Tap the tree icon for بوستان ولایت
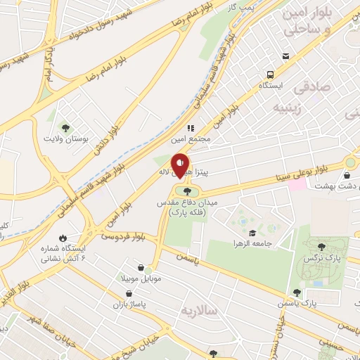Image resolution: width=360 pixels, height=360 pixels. pyautogui.click(x=65, y=127)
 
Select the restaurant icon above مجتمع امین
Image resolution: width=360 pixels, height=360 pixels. pyautogui.click(x=190, y=128)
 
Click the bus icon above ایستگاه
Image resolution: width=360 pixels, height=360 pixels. pyautogui.click(x=270, y=75)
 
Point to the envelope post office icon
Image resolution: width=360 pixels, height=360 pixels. pyautogui.click(x=285, y=56)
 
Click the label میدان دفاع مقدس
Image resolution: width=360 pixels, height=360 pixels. pyautogui.click(x=187, y=202)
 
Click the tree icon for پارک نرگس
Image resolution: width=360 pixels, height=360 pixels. pyautogui.click(x=322, y=246)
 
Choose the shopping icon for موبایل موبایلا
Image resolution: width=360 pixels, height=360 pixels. pyautogui.click(x=145, y=268)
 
